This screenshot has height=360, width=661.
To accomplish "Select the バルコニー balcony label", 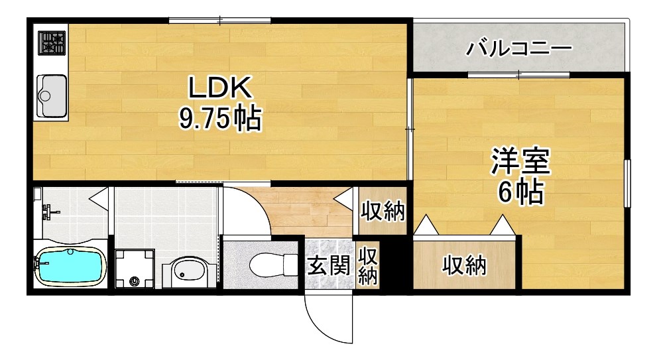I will pyautogui.click(x=518, y=48).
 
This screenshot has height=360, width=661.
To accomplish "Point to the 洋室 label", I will pyautogui.click(x=520, y=161).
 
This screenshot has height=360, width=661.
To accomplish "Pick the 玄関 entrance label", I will pyautogui.click(x=328, y=266).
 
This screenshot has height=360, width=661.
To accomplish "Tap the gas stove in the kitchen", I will pyautogui.click(x=51, y=43).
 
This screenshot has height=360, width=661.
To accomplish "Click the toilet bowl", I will pyautogui.click(x=271, y=265).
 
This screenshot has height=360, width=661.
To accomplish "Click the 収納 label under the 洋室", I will pyautogui.click(x=464, y=266).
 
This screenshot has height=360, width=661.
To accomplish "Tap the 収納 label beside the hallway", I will pyautogui.click(x=383, y=211).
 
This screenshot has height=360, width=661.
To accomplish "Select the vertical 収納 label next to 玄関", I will pyautogui.click(x=368, y=265).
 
